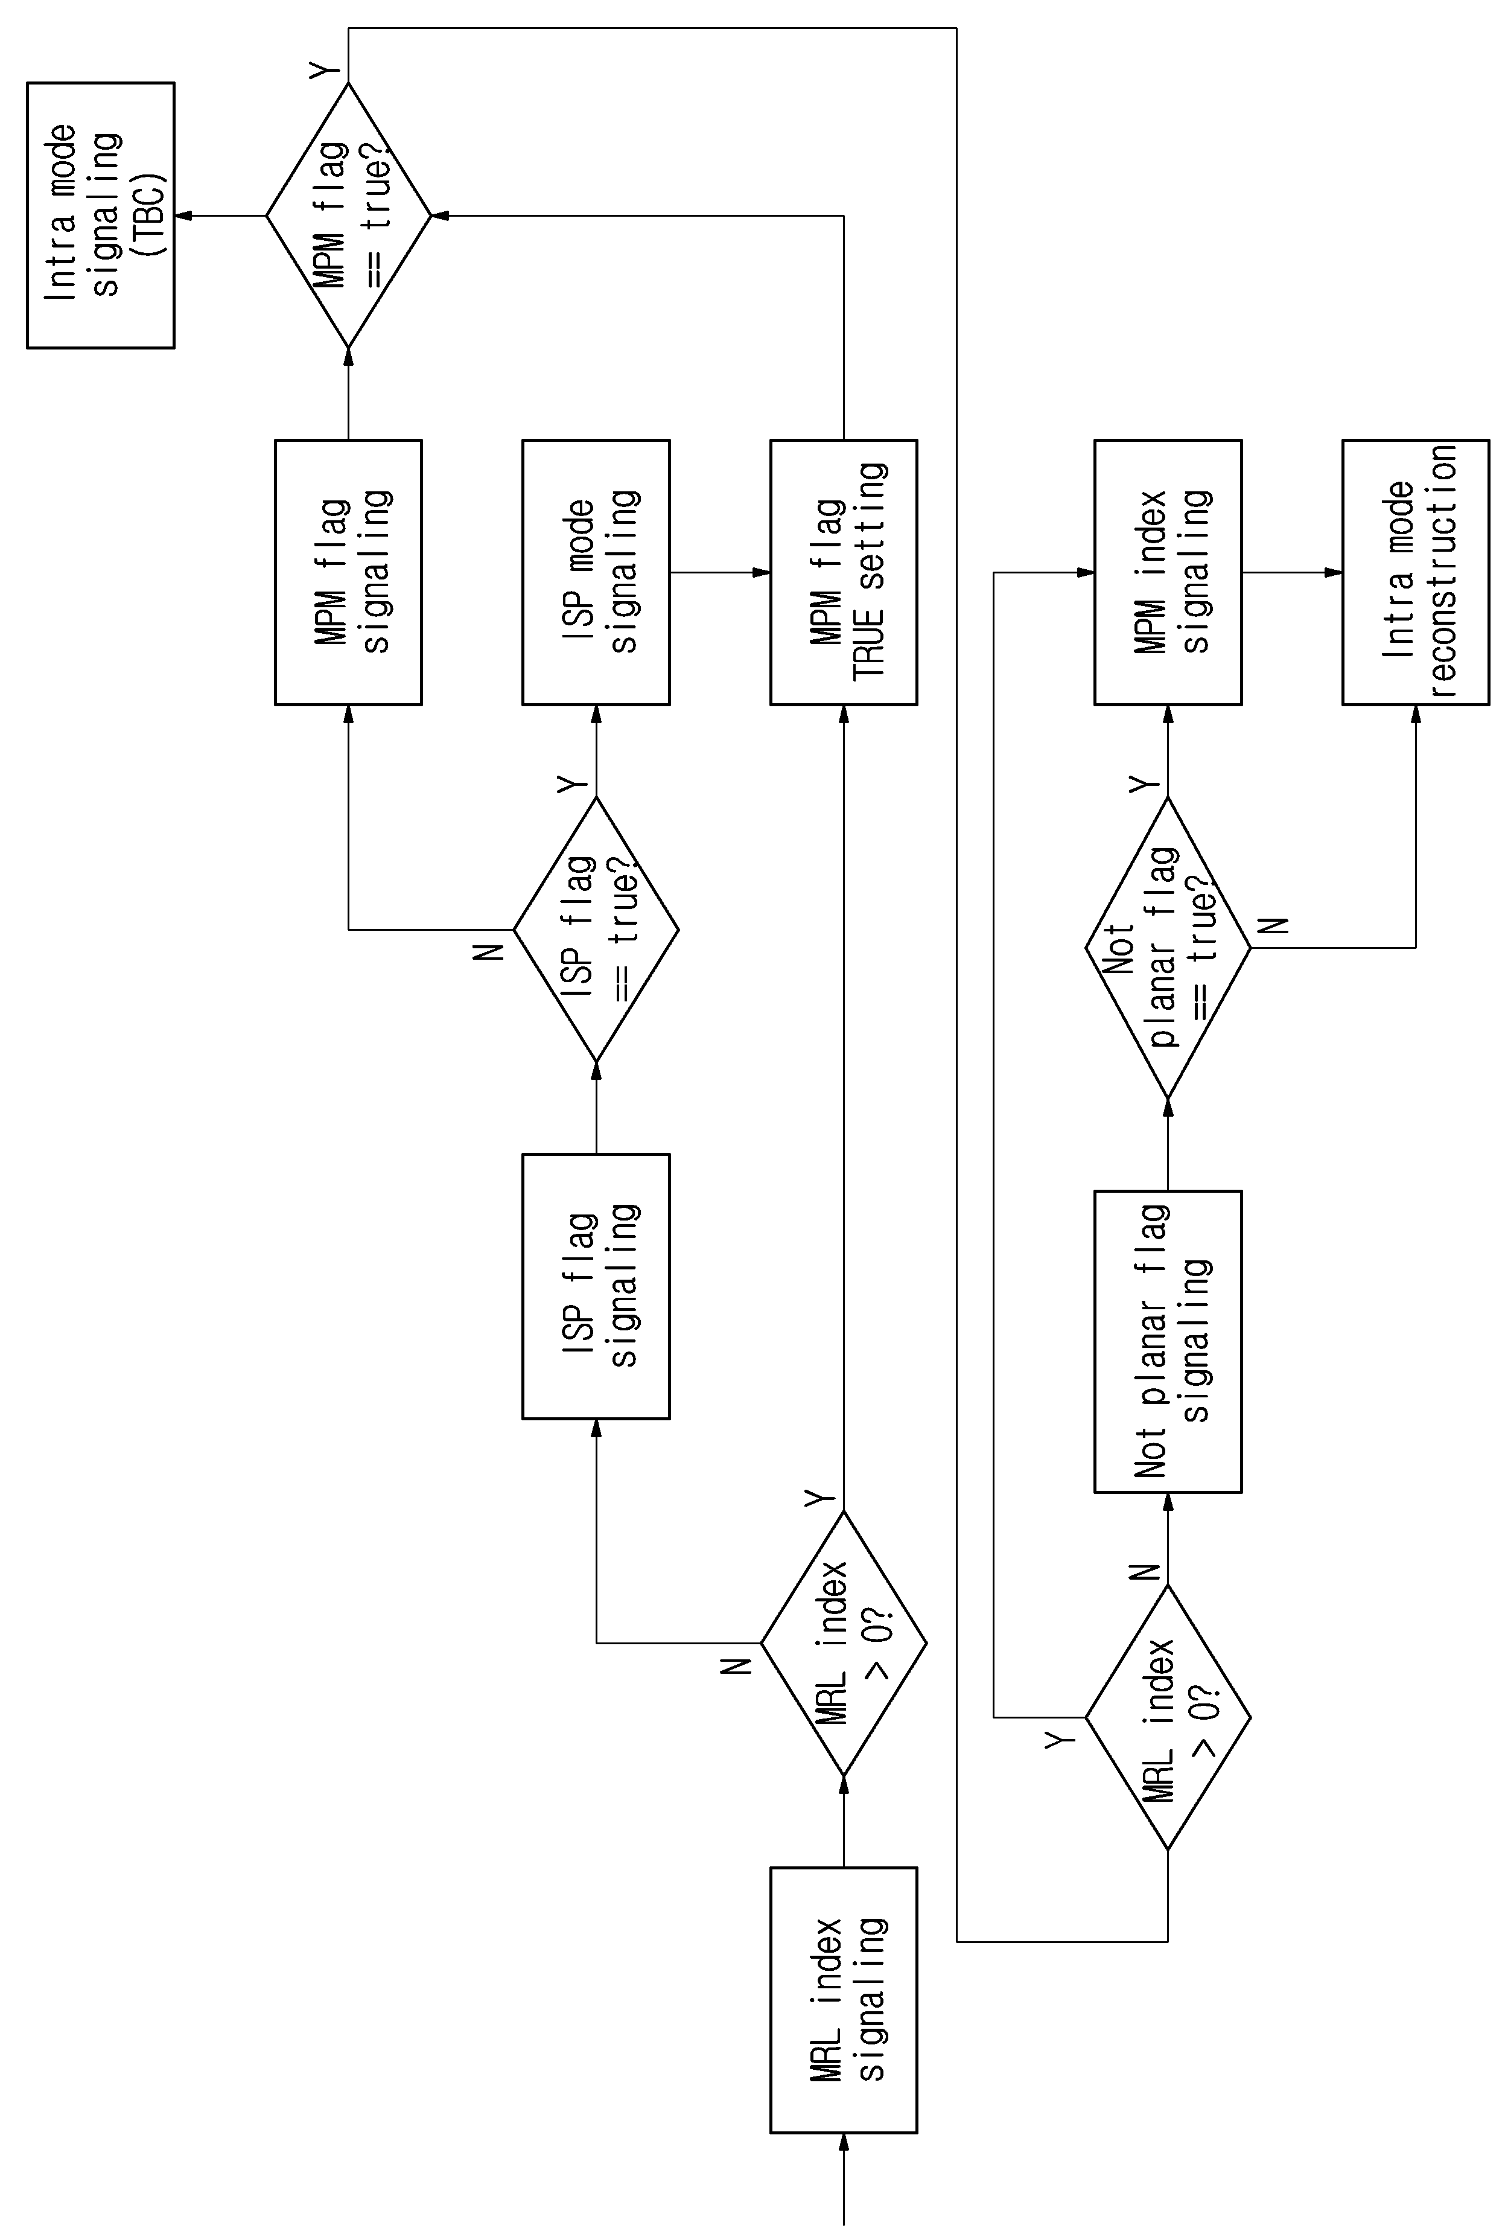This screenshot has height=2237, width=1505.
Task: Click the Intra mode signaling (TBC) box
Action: coord(101,215)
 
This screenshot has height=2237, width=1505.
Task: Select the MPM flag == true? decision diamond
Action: coord(348,215)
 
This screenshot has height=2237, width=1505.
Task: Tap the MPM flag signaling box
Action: coord(348,573)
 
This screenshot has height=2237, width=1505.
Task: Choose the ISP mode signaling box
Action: coord(596,573)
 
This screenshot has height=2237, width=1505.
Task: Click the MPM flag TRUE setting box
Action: coord(844,573)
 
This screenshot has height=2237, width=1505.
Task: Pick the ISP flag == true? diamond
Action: coord(596,930)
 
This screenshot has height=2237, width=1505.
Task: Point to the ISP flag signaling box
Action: coord(596,1286)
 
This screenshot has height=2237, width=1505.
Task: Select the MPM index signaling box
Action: coord(1168,573)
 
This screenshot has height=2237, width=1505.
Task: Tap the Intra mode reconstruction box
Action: coord(1416,573)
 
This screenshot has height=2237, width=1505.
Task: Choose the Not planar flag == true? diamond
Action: coord(1168,948)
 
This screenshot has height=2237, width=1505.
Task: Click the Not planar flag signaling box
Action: coord(1168,1342)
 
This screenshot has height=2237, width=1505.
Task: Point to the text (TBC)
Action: coord(149,215)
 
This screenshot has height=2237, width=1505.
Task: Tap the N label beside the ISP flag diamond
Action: coord(489,951)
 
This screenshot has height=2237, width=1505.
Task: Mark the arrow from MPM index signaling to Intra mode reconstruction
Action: coord(1293,573)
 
